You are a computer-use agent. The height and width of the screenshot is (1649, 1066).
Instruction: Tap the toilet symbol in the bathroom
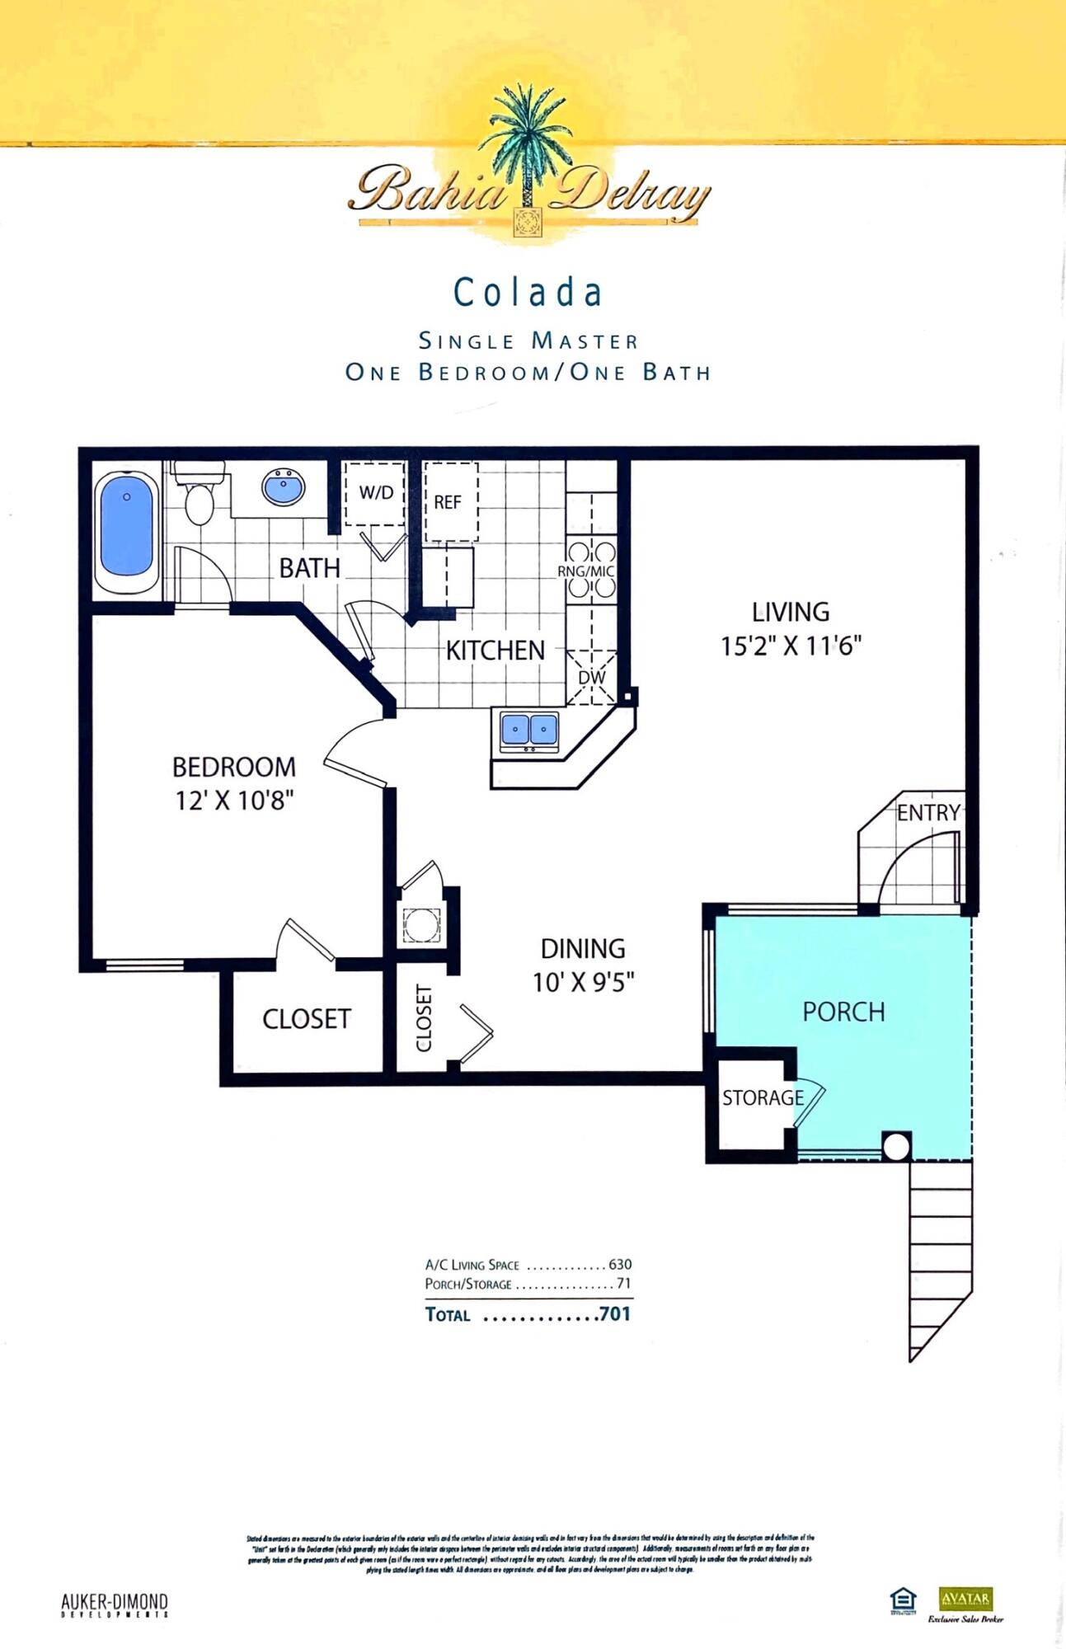click(199, 497)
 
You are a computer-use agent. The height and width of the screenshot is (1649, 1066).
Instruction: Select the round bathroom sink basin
click(284, 487)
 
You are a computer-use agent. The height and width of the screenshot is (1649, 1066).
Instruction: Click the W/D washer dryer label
click(376, 493)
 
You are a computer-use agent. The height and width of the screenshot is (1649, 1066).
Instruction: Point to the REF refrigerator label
click(448, 502)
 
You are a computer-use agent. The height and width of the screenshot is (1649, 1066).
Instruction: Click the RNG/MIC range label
click(585, 571)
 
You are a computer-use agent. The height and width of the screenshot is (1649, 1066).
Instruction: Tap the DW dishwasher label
click(592, 678)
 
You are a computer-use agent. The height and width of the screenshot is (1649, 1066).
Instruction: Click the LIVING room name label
click(790, 612)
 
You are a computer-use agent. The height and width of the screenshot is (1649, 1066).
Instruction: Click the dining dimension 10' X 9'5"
click(583, 982)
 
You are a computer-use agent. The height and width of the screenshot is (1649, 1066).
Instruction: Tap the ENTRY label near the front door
click(928, 813)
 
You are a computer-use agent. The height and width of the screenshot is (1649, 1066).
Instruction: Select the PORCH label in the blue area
click(843, 1012)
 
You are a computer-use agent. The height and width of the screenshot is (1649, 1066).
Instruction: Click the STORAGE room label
click(763, 1097)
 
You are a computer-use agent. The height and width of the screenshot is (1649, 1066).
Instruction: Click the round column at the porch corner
click(896, 1146)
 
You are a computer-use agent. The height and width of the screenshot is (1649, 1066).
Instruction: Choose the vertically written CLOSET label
click(424, 1017)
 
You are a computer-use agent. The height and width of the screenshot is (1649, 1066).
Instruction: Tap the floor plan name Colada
click(528, 293)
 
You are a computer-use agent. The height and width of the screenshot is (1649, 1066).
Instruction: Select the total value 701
click(615, 1313)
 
